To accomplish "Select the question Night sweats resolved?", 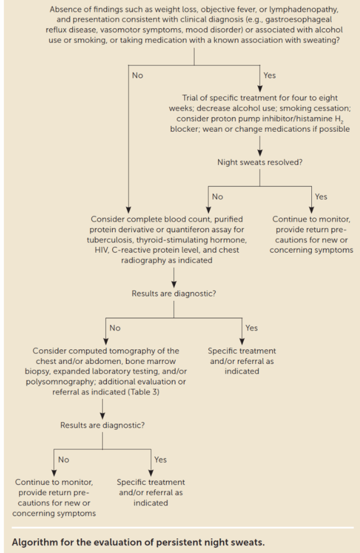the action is pos(260,162).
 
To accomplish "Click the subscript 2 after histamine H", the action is pos(342,122).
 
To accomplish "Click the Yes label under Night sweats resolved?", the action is pos(321,197).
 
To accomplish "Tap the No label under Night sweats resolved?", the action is pos(218,197).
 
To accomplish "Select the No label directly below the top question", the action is pos(138,75).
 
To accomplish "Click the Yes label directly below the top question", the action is pos(269,75).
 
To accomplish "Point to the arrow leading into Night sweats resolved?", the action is pos(260,146).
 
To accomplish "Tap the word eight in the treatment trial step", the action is pos(328,98).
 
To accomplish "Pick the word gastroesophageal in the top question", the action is pos(298,20).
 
